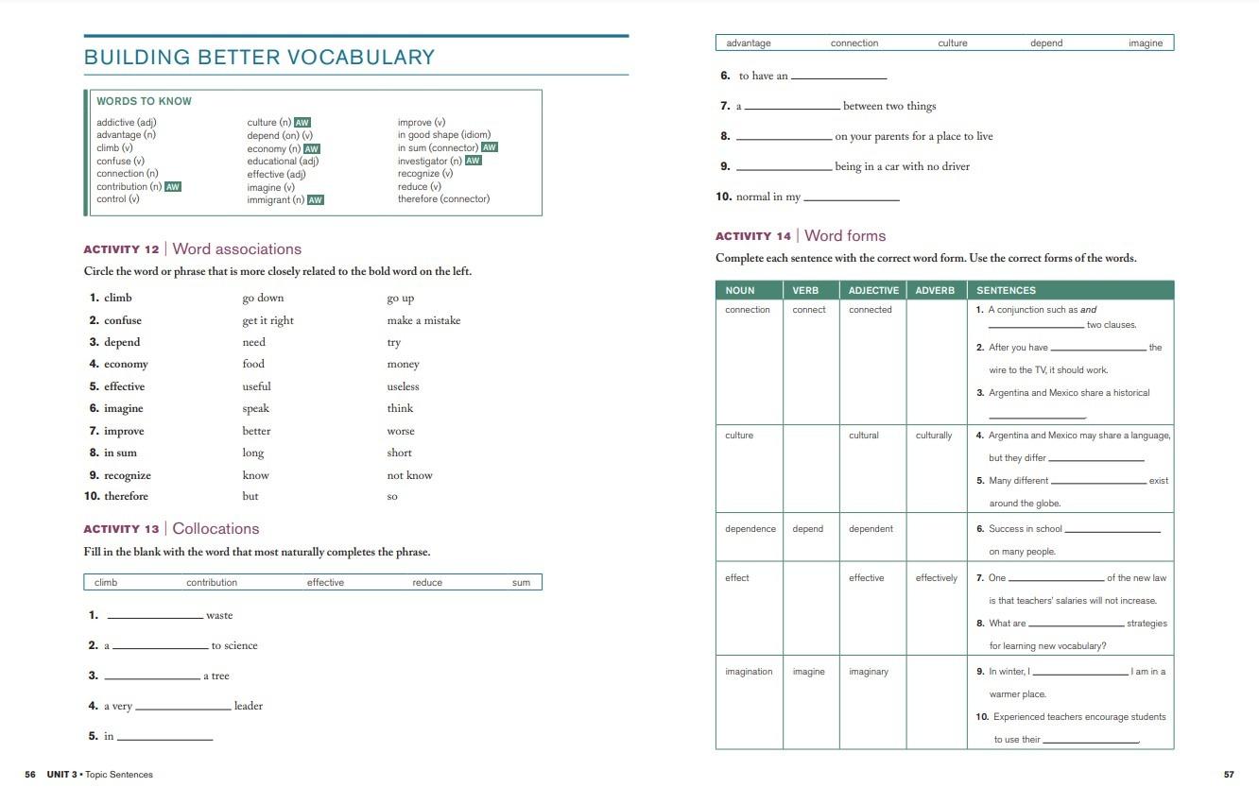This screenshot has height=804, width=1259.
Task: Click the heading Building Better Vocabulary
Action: point(259,57)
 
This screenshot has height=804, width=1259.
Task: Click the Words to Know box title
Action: point(144,101)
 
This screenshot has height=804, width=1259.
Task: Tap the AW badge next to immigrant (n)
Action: point(316,200)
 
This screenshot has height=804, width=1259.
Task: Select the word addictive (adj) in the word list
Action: point(126,123)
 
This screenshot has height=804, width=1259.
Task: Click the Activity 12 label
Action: point(121,249)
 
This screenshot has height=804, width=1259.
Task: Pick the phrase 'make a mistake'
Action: point(423,320)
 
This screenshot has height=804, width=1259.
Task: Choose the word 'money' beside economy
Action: point(403,365)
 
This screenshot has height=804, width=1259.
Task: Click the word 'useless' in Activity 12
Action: point(403,386)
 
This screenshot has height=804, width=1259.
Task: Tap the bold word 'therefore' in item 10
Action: point(126,496)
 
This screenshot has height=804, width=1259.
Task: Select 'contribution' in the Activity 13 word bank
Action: point(212,583)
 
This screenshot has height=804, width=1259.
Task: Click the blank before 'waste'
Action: point(155,616)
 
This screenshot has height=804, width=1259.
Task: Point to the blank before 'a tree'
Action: point(152,676)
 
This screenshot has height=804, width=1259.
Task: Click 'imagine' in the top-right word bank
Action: point(1145,43)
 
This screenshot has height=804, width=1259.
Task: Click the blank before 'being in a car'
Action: point(784,167)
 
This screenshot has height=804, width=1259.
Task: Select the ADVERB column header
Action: point(935,290)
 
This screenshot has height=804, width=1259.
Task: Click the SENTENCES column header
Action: point(1006,290)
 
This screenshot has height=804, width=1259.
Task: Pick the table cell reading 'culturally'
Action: point(934,436)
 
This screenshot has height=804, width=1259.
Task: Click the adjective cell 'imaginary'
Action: point(868,672)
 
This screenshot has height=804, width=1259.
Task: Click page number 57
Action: point(1229,775)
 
